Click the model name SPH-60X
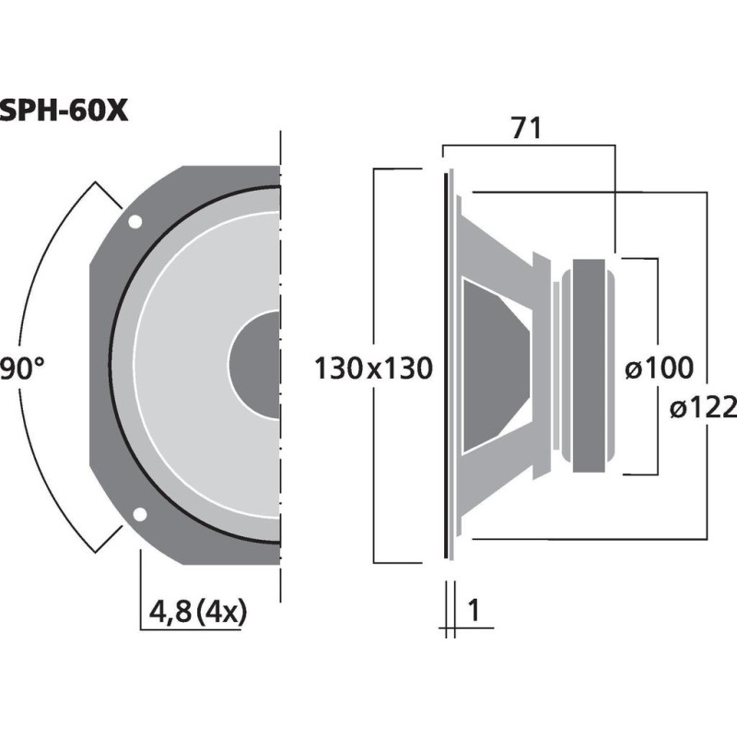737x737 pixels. click(x=63, y=110)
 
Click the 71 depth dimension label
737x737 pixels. click(x=526, y=130)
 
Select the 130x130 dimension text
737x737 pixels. click(x=373, y=369)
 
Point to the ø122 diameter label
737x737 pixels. click(x=702, y=406)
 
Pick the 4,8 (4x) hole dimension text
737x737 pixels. click(x=197, y=611)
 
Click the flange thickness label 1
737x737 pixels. click(x=475, y=610)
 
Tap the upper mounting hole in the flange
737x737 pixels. click(x=135, y=222)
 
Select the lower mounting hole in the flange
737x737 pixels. click(x=140, y=514)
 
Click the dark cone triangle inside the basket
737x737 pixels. click(x=493, y=366)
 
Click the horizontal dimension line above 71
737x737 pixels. click(x=526, y=145)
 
